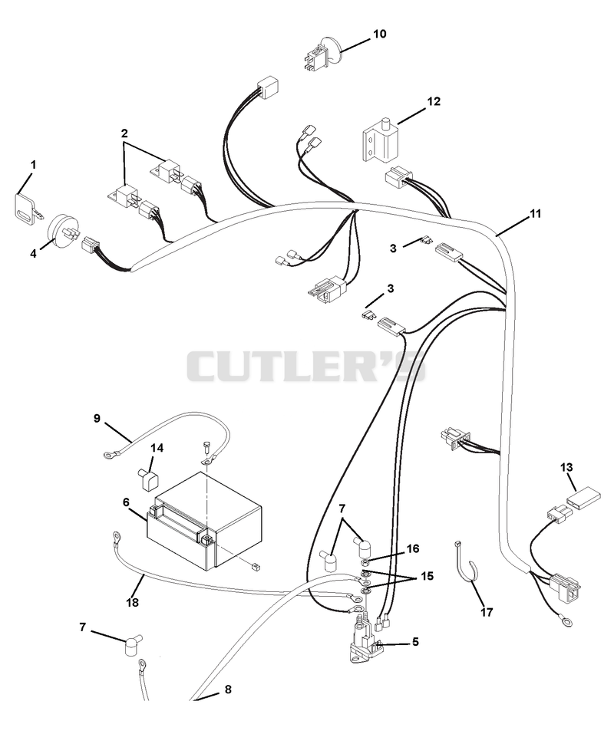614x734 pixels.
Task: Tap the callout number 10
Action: [380, 34]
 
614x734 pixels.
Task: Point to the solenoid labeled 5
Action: [366, 642]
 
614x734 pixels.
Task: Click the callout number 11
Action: [535, 213]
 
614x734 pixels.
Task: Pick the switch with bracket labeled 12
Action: [380, 140]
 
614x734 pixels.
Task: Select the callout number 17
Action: [487, 612]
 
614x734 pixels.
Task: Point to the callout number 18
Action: [133, 602]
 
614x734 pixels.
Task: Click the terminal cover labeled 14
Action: [148, 479]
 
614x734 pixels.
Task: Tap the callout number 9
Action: [97, 417]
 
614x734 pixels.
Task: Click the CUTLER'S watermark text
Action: [307, 367]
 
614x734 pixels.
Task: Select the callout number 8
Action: [228, 689]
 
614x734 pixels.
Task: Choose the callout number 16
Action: [413, 548]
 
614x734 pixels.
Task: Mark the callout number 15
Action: [427, 575]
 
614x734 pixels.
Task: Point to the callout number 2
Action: [124, 133]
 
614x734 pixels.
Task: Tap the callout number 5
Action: [415, 641]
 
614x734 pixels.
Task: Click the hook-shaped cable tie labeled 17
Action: [465, 564]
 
